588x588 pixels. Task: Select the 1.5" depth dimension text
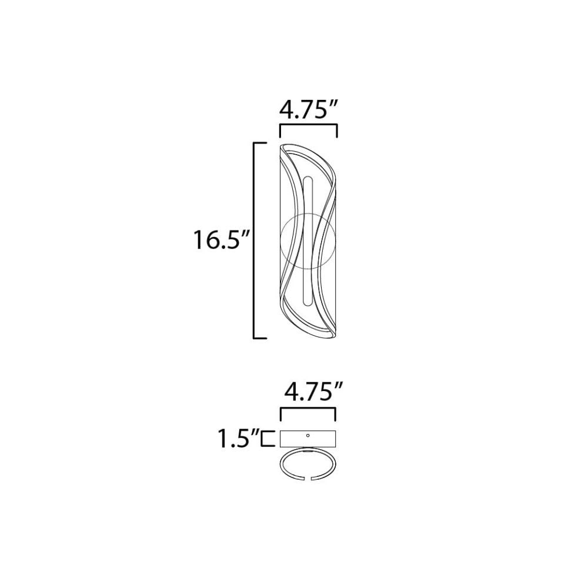[239, 439]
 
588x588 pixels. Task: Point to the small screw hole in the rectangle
[308, 436]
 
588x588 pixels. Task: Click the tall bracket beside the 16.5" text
[255, 240]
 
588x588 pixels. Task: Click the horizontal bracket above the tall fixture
[308, 125]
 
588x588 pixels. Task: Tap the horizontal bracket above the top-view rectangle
[308, 408]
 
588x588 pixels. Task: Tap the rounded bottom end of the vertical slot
[308, 303]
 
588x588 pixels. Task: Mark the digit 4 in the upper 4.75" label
[286, 110]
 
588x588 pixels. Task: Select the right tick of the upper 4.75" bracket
[337, 131]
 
